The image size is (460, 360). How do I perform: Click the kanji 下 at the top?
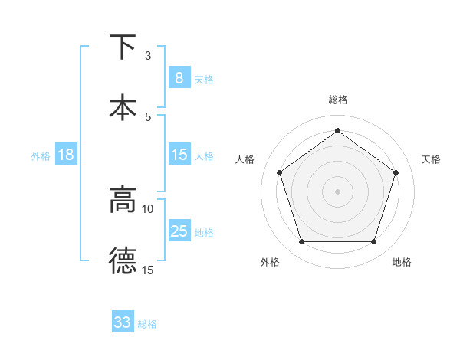tap(123, 47)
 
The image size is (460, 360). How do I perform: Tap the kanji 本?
tap(123, 107)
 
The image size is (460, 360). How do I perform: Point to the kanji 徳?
tap(123, 260)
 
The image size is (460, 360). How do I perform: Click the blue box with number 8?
tap(179, 77)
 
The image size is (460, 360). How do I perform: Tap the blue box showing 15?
tap(179, 155)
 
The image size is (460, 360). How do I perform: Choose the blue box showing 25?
tap(179, 231)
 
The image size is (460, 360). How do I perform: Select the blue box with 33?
tap(123, 322)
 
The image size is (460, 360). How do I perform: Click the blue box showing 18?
tap(66, 155)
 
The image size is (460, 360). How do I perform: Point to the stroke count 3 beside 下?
tap(148, 56)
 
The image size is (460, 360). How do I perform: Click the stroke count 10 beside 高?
tap(148, 208)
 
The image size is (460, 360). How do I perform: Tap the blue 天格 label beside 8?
tap(204, 79)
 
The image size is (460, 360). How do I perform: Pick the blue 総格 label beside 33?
tap(147, 324)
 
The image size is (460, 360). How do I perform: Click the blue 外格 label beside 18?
tap(41, 156)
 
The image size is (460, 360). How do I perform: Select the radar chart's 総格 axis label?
tap(338, 100)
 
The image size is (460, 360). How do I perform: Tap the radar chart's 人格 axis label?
tap(245, 159)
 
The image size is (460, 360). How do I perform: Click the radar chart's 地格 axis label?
tap(402, 262)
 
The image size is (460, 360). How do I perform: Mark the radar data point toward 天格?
tap(396, 172)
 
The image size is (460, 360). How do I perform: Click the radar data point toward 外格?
tap(301, 242)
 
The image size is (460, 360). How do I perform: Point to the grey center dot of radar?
tap(337, 191)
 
